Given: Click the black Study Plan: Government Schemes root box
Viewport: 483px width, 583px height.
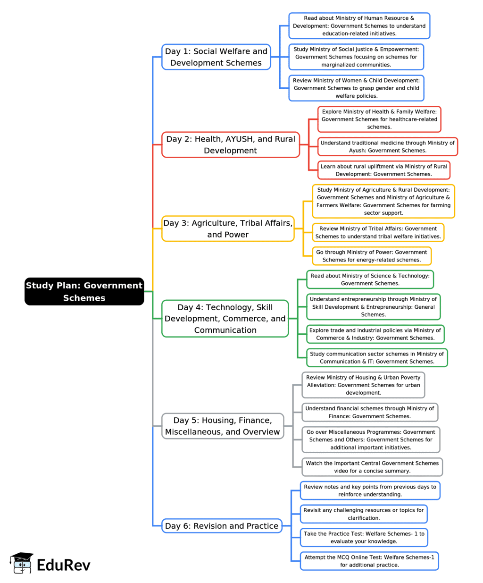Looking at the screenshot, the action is pos(84,291).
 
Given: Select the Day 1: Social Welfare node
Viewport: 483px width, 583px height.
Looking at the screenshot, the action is pos(216,57).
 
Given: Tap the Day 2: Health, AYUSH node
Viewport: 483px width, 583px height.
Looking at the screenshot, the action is pos(231,144).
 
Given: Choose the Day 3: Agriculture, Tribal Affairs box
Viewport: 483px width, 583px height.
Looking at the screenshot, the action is pos(228,228).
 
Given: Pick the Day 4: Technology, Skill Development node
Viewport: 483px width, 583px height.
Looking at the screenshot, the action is pos(225,319).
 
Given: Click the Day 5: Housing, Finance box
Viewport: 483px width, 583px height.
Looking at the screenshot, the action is pos(222,426).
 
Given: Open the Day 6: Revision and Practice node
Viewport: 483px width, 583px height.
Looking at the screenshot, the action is pos(222,526).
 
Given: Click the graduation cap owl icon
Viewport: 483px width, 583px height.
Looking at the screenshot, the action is pos(21,563).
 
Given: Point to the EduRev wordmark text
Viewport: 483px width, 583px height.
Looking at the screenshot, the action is pos(64,565).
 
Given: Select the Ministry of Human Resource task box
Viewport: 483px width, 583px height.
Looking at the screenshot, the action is pos(359,25).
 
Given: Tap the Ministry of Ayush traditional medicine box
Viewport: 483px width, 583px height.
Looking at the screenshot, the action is pos(388,147).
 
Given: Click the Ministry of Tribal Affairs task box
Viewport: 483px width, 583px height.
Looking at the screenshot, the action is pos(378,232).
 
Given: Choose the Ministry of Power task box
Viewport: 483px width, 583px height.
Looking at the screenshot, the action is pos(372,256).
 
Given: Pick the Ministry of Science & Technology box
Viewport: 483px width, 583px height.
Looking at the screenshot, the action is pos(370,279).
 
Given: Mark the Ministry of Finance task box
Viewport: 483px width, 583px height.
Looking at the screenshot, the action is pos(370,412).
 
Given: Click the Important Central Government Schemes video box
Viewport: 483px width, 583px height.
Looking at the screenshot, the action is pos(372,467).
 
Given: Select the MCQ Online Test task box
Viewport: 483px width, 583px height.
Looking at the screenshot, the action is pos(369,561).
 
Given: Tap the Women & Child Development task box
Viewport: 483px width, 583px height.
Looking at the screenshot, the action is pos(356,88).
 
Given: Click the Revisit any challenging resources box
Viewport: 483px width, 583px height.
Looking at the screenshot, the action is pos(364,514).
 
